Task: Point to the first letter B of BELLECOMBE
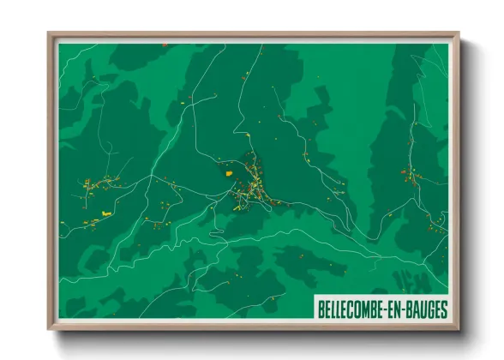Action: point(321,307)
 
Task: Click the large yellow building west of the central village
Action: point(230,171)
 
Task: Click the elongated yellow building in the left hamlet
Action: point(106,211)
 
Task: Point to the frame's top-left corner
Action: point(49,34)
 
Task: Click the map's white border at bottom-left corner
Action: point(58,319)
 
